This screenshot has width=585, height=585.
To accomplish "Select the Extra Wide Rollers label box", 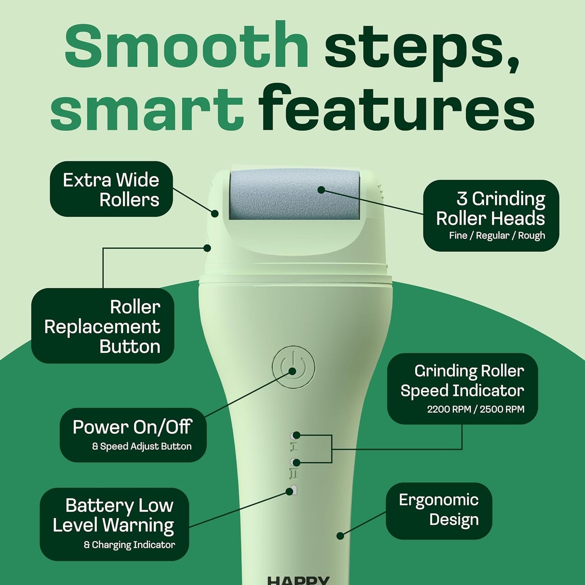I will [111, 189].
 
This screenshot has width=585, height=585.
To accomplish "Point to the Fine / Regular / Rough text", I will [497, 236].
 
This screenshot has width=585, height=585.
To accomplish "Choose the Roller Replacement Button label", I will [103, 326].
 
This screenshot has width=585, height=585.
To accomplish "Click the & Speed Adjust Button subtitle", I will [142, 447].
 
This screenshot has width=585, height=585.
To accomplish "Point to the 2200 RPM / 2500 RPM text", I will [476, 409].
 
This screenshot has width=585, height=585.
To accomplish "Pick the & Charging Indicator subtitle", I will [130, 545].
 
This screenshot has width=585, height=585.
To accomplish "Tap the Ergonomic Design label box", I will [439, 510].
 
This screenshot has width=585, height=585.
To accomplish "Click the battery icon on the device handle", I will [294, 490].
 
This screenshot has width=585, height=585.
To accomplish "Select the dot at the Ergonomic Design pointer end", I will [340, 536].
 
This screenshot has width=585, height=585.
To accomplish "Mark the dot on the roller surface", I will [321, 189].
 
